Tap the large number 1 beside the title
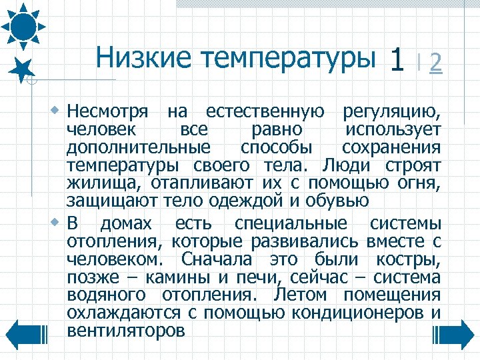[397, 61]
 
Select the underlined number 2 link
[436, 63]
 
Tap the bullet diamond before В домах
[58, 221]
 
